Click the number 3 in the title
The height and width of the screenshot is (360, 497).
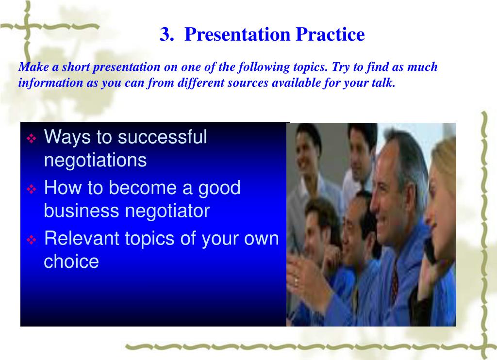tap(166, 34)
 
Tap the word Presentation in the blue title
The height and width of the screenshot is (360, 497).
tap(237, 34)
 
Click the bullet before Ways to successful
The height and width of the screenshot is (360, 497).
tap(32, 138)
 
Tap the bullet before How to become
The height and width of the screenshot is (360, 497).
tap(32, 189)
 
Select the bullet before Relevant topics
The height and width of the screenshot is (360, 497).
tap(32, 240)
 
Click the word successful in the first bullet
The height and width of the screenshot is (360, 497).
tap(162, 137)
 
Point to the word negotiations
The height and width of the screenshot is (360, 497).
tap(96, 161)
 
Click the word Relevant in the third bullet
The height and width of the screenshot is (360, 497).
tap(82, 238)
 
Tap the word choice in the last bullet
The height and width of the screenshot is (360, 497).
tap(71, 262)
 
